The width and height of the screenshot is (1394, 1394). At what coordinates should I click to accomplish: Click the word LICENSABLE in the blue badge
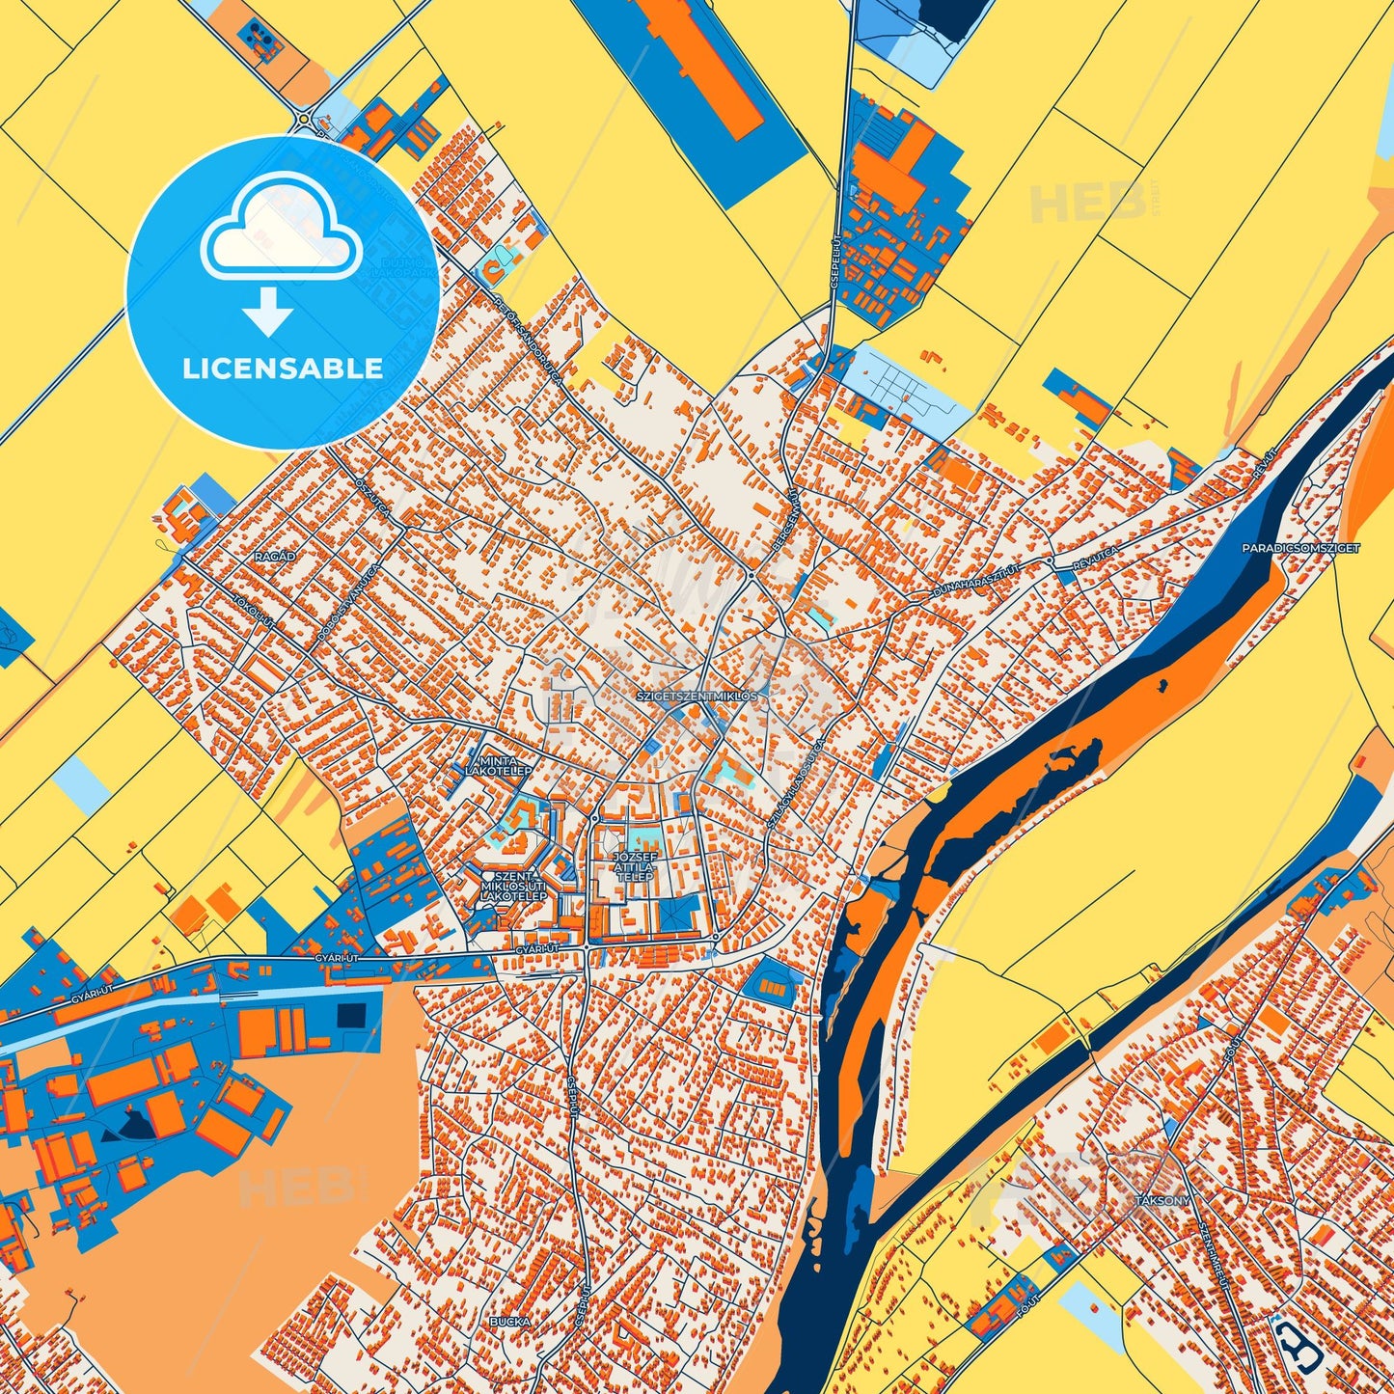click(x=283, y=369)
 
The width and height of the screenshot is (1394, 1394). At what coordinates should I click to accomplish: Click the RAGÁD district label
click(x=275, y=557)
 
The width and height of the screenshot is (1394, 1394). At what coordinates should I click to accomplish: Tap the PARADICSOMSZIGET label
click(x=1301, y=548)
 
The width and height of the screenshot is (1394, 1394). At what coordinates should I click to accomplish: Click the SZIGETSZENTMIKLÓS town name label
click(x=698, y=695)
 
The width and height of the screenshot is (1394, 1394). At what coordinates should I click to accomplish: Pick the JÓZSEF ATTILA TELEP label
click(x=635, y=866)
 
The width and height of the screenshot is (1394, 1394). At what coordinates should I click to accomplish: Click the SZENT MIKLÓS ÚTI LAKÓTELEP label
click(x=513, y=887)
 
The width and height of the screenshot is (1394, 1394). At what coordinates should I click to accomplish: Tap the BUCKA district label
click(x=510, y=1321)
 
